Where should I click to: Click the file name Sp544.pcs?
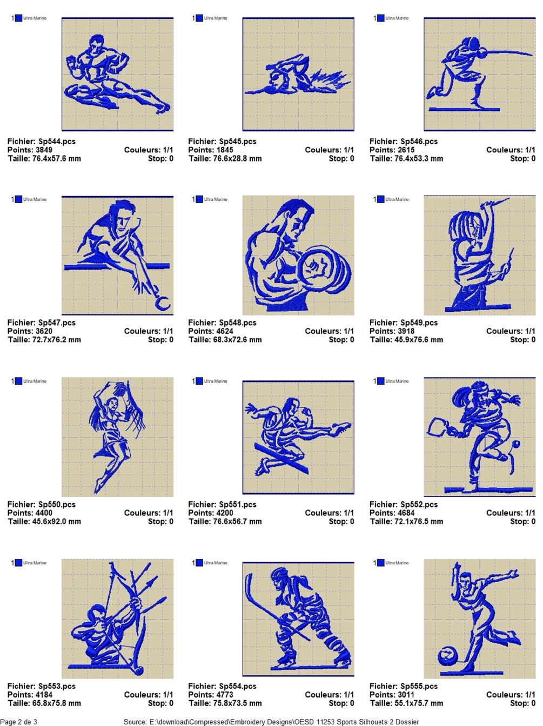tap(57, 141)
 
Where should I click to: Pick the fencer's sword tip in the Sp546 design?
tap(532, 53)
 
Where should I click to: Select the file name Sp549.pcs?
tap(419, 322)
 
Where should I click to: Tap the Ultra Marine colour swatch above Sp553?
tap(18, 563)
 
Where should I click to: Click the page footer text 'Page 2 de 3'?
tap(19, 722)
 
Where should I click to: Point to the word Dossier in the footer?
tap(408, 722)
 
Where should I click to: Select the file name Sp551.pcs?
tap(238, 505)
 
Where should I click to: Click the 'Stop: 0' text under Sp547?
tap(160, 340)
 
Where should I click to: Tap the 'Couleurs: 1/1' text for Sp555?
tap(511, 695)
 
